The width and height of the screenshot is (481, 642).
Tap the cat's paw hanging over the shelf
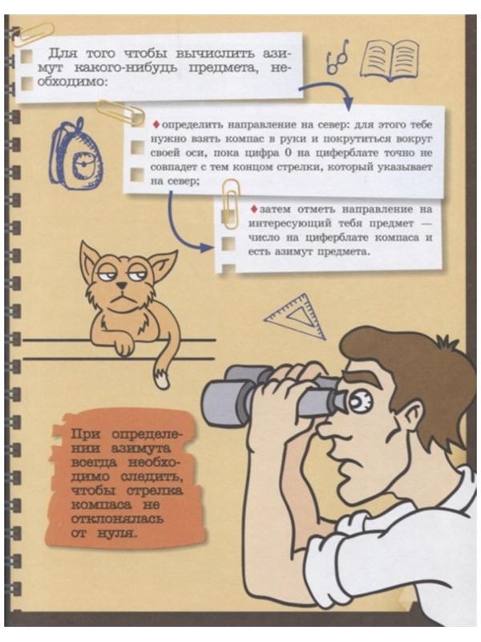[123, 346]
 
